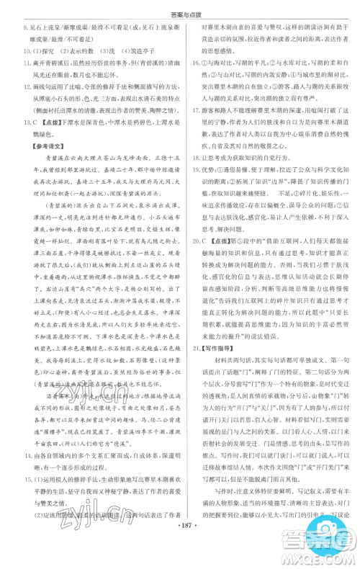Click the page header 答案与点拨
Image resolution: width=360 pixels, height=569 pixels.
click(x=179, y=9)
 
